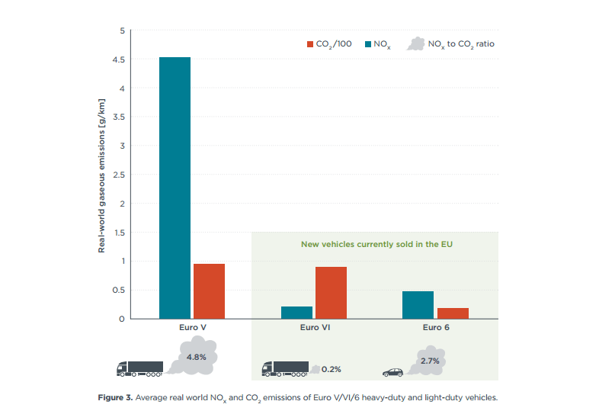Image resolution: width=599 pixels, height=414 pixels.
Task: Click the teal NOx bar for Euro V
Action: pos(175,188)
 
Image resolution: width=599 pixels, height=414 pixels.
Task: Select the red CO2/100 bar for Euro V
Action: pos(209,290)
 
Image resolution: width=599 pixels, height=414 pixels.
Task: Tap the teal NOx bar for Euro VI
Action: pos(296,312)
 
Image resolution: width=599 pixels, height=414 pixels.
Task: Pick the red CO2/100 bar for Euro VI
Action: pos(331,292)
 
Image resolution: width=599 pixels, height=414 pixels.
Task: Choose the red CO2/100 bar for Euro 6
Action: pos(453,313)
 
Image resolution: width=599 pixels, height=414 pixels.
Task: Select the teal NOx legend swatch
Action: pos(370,44)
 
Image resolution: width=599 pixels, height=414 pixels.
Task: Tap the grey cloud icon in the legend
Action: pos(415,43)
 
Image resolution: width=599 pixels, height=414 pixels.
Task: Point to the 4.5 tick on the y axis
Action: pos(119,59)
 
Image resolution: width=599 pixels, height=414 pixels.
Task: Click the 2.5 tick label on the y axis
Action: pos(119,175)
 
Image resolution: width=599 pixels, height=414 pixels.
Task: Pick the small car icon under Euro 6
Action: pos(392,373)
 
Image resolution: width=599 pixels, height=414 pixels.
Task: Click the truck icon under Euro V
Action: pos(139,369)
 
